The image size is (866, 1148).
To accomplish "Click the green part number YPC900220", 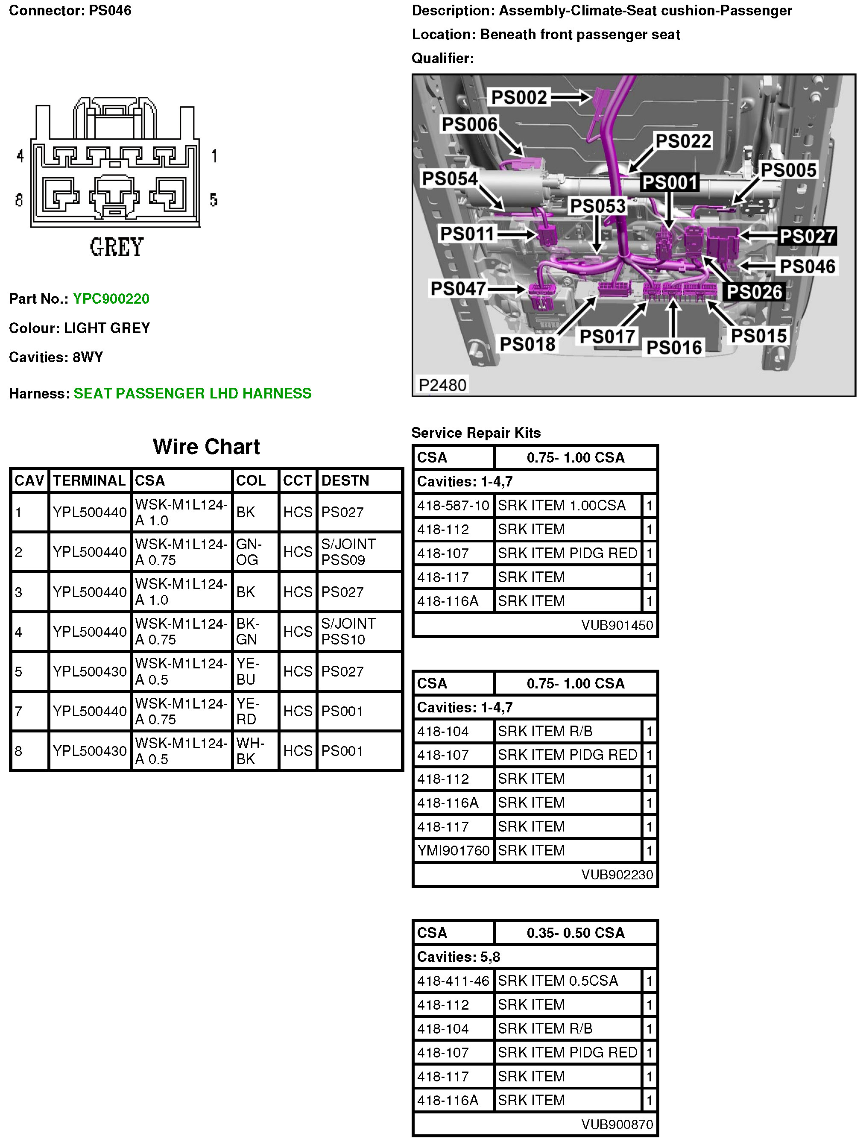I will point(111,299).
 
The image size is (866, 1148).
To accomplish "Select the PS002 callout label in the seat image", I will point(519,97).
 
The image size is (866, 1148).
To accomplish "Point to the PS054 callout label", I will point(449,179).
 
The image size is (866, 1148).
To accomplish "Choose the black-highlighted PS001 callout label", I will point(669,182).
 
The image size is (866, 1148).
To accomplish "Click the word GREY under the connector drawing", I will point(116,247).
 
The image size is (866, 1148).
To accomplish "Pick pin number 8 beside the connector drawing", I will point(19,200).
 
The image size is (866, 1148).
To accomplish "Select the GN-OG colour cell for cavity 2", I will point(249,552).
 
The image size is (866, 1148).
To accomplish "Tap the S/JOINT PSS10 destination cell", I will point(348,631).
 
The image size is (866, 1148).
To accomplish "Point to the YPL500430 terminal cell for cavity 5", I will point(89,671).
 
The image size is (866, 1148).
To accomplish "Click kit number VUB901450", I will point(617,625).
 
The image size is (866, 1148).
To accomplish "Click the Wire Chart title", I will point(206,446).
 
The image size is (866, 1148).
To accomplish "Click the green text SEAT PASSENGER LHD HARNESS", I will point(192,393).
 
